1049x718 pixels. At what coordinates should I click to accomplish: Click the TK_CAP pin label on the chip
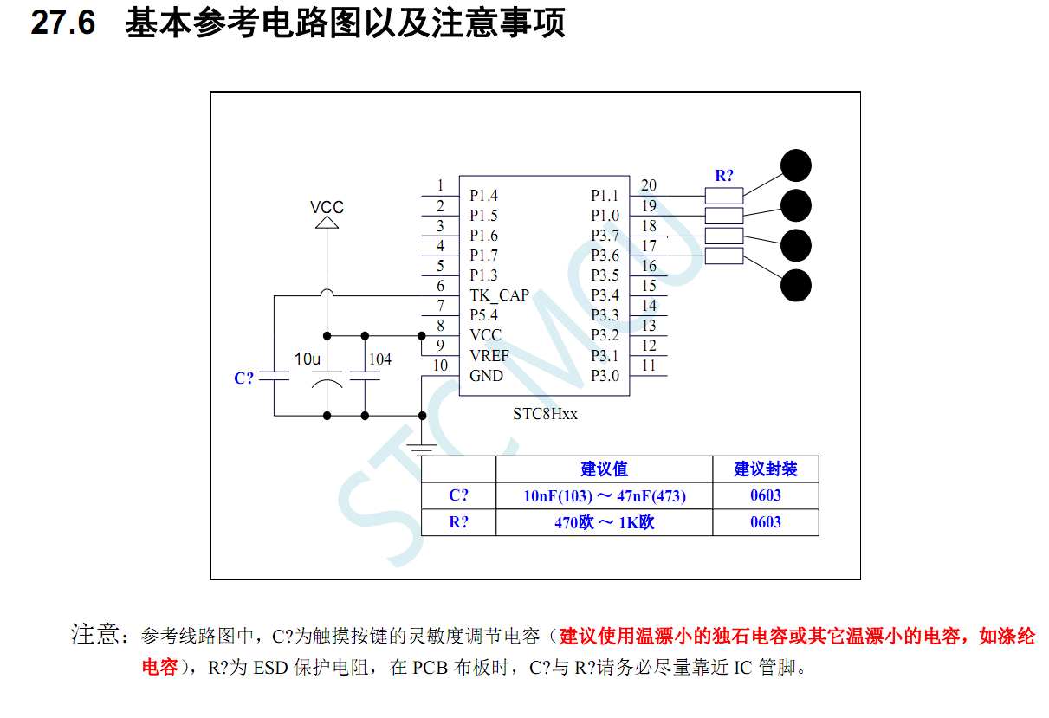(499, 295)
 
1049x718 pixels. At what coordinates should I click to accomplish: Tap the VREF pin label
(489, 356)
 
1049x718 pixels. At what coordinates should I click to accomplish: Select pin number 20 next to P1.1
(648, 185)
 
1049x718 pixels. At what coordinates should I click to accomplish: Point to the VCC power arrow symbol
(327, 223)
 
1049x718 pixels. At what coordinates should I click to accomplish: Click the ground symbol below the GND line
(422, 449)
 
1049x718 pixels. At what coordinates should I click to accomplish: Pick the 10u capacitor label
(308, 359)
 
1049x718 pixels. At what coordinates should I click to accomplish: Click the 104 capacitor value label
(379, 359)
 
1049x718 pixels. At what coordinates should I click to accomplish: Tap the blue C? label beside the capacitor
(244, 378)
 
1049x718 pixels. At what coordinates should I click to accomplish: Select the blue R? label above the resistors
(724, 176)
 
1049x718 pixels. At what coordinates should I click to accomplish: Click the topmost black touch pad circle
(796, 165)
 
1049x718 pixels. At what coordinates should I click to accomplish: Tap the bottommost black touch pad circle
(796, 286)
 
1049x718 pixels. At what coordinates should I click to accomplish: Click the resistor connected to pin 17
(724, 256)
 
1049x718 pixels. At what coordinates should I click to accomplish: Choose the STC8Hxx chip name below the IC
(545, 414)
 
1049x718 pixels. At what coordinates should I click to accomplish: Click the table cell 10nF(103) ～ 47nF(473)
(604, 496)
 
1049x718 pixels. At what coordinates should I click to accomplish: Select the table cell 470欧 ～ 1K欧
(604, 522)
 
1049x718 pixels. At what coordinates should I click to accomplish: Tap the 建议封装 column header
(765, 469)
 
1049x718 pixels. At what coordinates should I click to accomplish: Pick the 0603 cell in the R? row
(765, 522)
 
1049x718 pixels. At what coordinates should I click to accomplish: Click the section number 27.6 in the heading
(62, 23)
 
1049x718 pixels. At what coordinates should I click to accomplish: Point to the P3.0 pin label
(605, 376)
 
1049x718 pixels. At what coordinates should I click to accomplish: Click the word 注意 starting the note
(94, 635)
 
